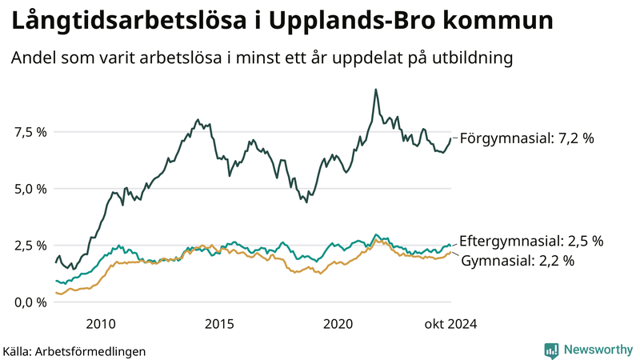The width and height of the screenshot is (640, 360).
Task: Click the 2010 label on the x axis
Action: pos(100,324)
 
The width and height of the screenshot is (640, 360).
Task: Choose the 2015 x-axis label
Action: pos(219,324)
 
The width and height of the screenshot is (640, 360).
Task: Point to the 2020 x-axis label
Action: pos(338,324)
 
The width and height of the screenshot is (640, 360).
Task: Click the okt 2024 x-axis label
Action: pos(450,324)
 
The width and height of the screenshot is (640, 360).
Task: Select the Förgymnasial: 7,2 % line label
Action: pos(527,138)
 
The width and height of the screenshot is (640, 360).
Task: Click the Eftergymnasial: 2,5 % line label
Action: pos(531,241)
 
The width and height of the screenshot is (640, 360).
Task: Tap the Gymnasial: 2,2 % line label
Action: pos(518,261)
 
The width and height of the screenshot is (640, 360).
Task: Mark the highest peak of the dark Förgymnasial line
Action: pos(375,90)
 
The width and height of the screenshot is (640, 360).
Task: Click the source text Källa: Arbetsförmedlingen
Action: pos(74,350)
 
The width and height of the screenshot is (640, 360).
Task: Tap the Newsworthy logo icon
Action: pos(551,350)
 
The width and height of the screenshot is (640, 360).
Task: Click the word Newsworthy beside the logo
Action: pos(598,350)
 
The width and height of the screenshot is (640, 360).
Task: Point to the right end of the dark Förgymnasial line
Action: pos(450,139)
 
